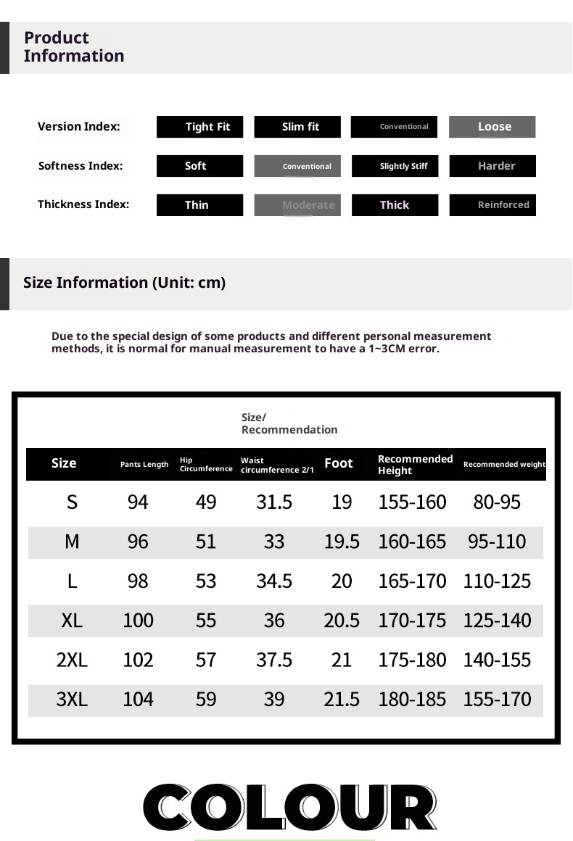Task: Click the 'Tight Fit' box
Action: point(200,127)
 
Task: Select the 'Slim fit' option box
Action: point(297,127)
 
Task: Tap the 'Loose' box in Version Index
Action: point(492,127)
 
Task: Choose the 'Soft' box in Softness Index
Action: point(200,166)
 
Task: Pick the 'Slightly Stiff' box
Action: point(395,166)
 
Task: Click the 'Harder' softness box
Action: point(492,166)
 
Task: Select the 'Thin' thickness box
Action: point(200,205)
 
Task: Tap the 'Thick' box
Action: point(395,205)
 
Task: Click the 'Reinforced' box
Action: point(492,205)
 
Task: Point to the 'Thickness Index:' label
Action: point(83,204)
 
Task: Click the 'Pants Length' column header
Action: point(144,465)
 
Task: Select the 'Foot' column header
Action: point(338,463)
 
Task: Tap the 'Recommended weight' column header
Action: point(504,465)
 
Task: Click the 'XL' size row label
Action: point(72,621)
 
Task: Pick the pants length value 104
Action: point(138,699)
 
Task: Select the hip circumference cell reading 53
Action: point(206,581)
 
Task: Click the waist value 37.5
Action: point(274,660)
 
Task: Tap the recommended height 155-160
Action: point(412,502)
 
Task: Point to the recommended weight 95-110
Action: point(497,542)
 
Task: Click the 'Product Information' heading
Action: point(73,47)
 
